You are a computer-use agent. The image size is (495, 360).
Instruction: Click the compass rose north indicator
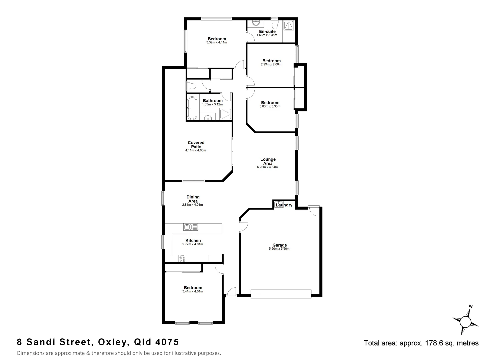pyautogui.click(x=465, y=321)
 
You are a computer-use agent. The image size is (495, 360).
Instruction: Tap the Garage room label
pyautogui.click(x=279, y=245)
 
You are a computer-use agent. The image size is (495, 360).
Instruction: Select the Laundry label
pyautogui.click(x=284, y=205)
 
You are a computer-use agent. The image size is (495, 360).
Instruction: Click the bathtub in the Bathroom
pyautogui.click(x=192, y=108)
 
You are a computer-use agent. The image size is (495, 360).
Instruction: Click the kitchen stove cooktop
pyautogui.click(x=182, y=258)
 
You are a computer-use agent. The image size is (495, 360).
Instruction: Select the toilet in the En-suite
pyautogui.click(x=275, y=24)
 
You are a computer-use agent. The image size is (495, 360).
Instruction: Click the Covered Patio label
pyautogui.click(x=196, y=145)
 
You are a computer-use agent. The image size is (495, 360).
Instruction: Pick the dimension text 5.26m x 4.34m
pyautogui.click(x=267, y=167)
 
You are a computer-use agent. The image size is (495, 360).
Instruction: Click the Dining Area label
pyautogui.click(x=193, y=199)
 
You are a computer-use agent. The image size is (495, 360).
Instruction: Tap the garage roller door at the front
pyautogui.click(x=281, y=294)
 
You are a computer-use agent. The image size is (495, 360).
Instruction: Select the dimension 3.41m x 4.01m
pyautogui.click(x=193, y=291)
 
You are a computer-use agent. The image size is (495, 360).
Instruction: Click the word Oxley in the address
pyautogui.click(x=113, y=342)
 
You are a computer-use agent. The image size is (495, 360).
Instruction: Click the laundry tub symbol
pyautogui.click(x=278, y=204)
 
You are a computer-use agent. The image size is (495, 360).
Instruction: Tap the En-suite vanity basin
pyautogui.click(x=256, y=23)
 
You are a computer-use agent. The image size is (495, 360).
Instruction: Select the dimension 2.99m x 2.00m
pyautogui.click(x=271, y=64)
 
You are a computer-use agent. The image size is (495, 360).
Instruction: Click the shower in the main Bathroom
pyautogui.click(x=225, y=114)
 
